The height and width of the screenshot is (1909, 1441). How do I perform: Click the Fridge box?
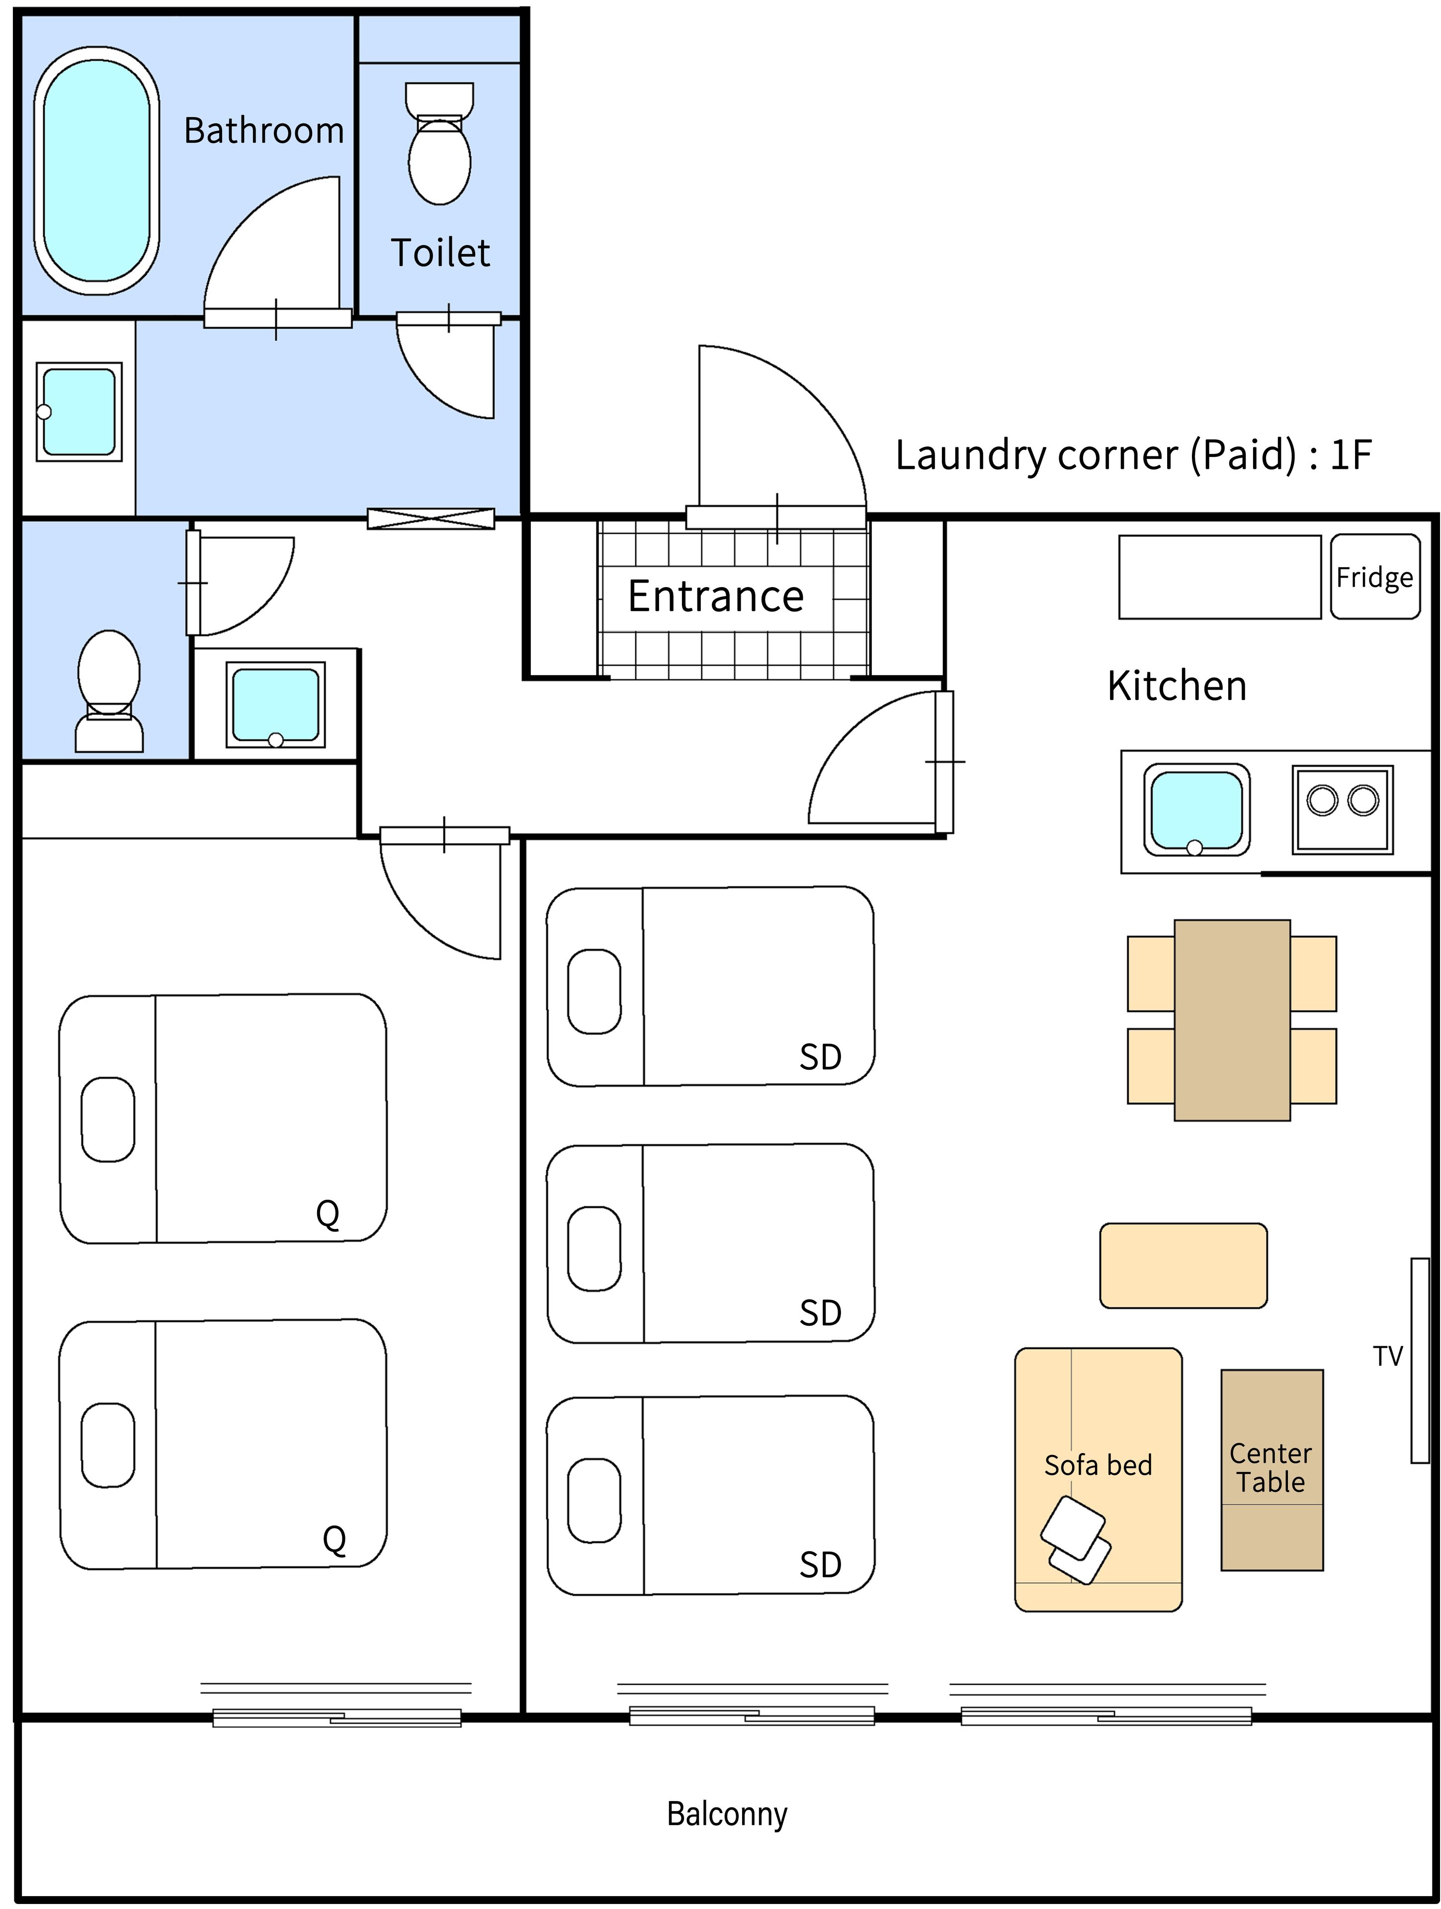[x=1374, y=577]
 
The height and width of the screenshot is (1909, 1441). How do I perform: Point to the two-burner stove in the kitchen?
[x=1342, y=809]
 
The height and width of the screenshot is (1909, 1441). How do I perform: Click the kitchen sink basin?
[x=1196, y=809]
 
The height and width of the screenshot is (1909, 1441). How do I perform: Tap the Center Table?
[x=1271, y=1469]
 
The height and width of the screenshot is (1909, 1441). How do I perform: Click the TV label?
[x=1387, y=1357]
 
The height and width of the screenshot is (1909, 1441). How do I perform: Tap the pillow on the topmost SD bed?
[x=594, y=992]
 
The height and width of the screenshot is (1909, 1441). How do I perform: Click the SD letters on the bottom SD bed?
[x=820, y=1564]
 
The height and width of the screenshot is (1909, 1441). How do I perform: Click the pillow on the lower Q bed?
[x=108, y=1445]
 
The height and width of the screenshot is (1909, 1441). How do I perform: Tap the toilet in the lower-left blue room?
[x=109, y=691]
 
